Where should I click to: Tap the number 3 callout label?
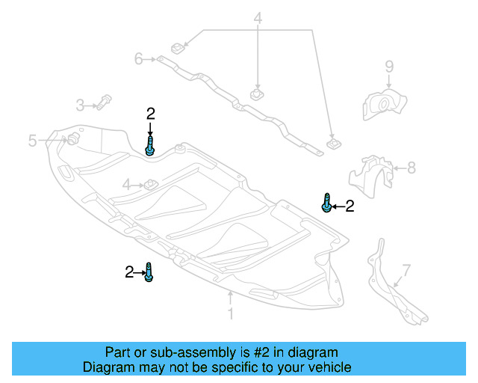pos(80,105)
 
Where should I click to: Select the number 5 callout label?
pos(33,141)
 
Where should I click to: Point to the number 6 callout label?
pos(139,58)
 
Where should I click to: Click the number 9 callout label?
pos(389,67)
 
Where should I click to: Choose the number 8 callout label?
pos(411,168)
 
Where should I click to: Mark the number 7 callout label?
pos(406,269)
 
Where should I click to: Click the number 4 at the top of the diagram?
pos(258,18)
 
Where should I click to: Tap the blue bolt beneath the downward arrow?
pos(151,145)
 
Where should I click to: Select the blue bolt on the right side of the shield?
pos(326,202)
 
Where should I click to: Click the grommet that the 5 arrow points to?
pos(73,139)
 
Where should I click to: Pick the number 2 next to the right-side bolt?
pos(349,206)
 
